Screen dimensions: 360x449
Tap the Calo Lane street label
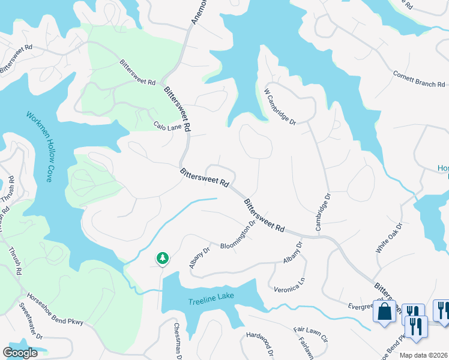(x=167, y=126)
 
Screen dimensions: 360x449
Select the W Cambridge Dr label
(x=280, y=107)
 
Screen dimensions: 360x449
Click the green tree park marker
(x=162, y=259)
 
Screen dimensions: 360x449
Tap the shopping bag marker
(x=384, y=311)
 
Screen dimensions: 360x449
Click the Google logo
(x=20, y=353)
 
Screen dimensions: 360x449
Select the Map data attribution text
(x=424, y=355)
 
